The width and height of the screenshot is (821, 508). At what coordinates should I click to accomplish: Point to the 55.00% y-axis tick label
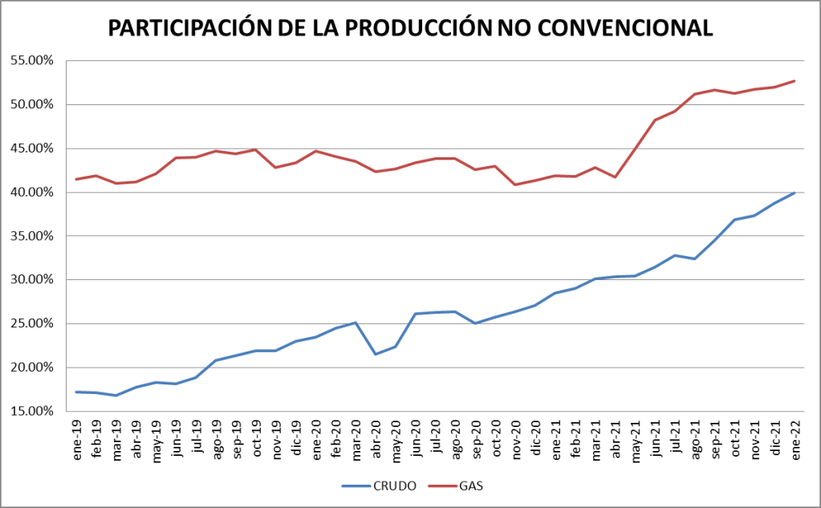pyautogui.click(x=30, y=60)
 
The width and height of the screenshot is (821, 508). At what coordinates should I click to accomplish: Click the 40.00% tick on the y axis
pyautogui.click(x=30, y=192)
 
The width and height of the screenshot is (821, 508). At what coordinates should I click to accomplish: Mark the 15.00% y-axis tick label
pyautogui.click(x=30, y=411)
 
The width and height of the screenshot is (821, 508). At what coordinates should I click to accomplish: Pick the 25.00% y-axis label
pyautogui.click(x=30, y=323)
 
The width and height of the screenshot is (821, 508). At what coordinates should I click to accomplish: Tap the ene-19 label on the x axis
pyautogui.click(x=77, y=438)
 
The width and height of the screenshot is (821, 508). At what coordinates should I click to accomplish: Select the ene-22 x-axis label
pyautogui.click(x=795, y=438)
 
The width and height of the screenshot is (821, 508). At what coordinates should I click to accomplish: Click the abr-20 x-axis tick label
pyautogui.click(x=376, y=438)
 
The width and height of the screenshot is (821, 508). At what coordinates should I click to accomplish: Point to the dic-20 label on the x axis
pyautogui.click(x=535, y=438)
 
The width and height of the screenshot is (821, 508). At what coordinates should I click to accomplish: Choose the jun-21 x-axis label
pyautogui.click(x=655, y=438)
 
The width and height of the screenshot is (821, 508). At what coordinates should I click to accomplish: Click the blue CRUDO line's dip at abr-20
pyautogui.click(x=376, y=354)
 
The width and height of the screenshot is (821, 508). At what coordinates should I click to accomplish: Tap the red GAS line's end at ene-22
pyautogui.click(x=795, y=80)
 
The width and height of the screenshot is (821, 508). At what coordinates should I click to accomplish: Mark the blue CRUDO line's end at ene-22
pyautogui.click(x=795, y=193)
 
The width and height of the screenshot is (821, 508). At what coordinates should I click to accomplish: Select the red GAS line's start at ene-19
pyautogui.click(x=77, y=179)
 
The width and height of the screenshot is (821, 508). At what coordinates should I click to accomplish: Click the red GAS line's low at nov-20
pyautogui.click(x=515, y=185)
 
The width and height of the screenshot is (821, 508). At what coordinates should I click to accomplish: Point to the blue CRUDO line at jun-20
pyautogui.click(x=416, y=314)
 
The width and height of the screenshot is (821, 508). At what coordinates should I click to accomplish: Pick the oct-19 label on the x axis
pyautogui.click(x=256, y=438)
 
